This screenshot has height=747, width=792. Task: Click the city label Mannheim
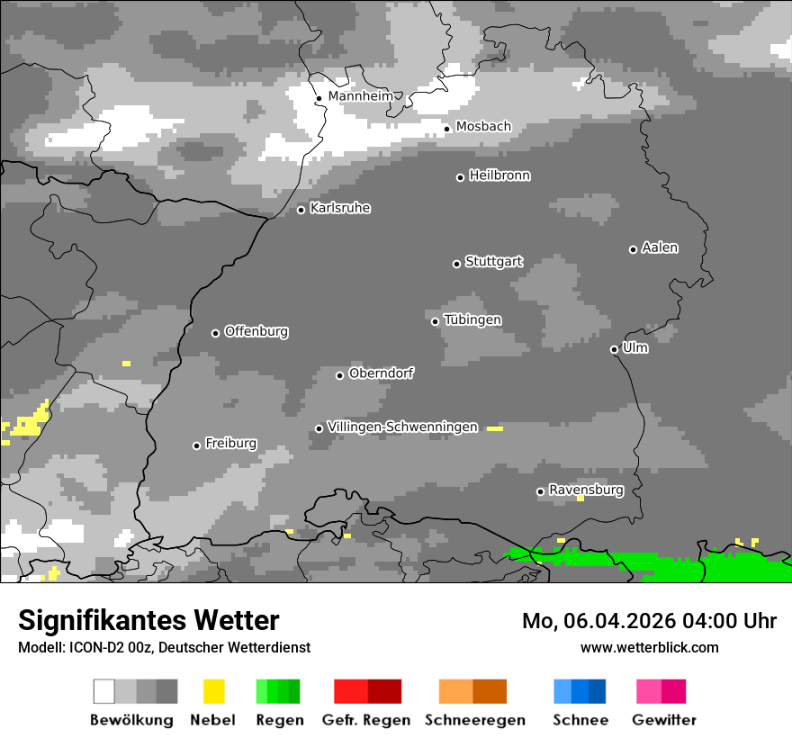tap(360, 96)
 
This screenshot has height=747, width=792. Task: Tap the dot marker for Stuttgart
tap(456, 264)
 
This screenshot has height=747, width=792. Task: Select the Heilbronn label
tap(499, 175)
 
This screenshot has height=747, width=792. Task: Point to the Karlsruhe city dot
tap(301, 211)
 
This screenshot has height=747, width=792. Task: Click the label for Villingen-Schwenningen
tap(402, 427)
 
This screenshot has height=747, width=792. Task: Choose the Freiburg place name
tap(230, 443)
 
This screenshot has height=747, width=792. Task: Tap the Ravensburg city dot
tap(540, 491)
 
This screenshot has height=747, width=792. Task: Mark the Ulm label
tap(634, 347)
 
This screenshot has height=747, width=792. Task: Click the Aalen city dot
tap(633, 249)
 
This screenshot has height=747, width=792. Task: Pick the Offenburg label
tap(256, 331)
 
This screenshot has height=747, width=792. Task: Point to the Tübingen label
tap(472, 319)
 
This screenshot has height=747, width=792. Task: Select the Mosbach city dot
tap(446, 129)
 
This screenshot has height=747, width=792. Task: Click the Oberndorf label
tap(381, 373)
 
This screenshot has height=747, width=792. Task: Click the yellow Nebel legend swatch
tap(214, 691)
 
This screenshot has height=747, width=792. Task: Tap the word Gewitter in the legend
tap(664, 720)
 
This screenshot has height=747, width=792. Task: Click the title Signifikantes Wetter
tap(148, 620)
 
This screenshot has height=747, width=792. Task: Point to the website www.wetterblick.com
tap(649, 647)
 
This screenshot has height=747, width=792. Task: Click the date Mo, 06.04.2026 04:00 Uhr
tap(649, 621)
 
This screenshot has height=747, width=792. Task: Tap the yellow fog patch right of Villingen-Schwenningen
tap(495, 428)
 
